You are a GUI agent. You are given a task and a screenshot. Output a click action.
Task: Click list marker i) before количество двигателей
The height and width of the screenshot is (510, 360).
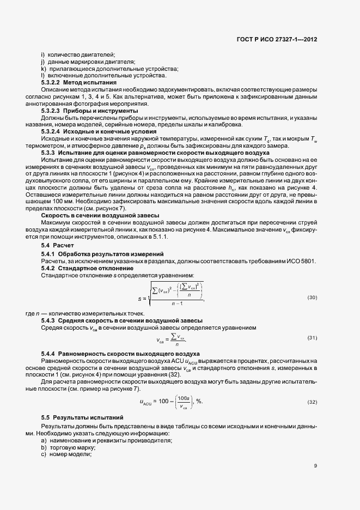42,56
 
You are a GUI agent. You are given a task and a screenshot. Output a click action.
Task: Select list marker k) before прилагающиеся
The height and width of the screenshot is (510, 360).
42,69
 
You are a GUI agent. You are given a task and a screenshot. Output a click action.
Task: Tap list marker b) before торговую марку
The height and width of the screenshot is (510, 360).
43,447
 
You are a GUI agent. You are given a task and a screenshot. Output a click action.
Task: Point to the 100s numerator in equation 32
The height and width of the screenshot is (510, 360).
183,398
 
